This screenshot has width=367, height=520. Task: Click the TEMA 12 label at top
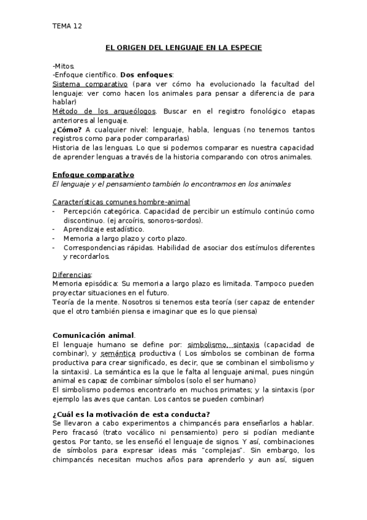click(x=67, y=26)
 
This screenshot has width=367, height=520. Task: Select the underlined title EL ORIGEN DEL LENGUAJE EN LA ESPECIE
click(x=183, y=47)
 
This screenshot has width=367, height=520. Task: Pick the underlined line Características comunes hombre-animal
click(x=121, y=202)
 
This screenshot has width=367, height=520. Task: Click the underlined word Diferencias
click(x=72, y=275)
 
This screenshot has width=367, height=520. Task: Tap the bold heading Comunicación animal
click(x=94, y=335)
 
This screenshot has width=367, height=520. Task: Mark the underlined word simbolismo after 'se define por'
click(x=209, y=344)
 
